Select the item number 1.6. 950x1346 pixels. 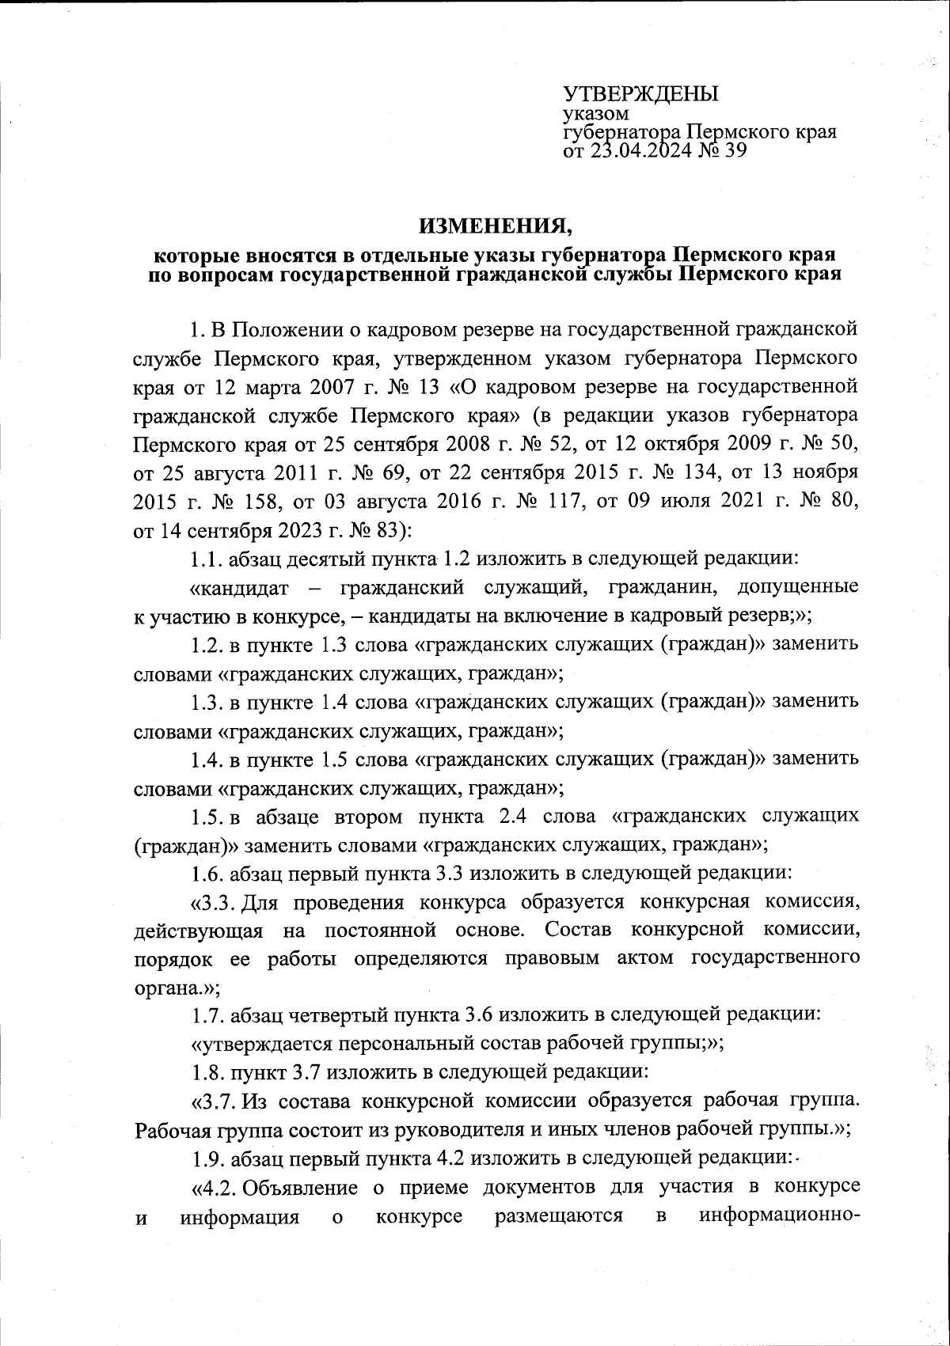(207, 874)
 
